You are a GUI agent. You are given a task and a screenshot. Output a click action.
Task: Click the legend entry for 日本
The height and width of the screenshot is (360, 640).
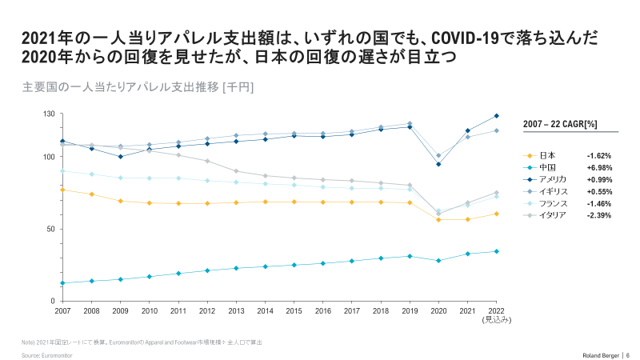tap(547, 155)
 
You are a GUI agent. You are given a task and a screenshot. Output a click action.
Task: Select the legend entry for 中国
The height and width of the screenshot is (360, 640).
tap(547, 167)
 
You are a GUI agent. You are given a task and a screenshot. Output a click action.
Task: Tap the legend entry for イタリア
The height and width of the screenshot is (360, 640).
tap(552, 215)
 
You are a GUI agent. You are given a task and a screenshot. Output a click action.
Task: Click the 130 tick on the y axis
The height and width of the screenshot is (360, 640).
tap(48, 114)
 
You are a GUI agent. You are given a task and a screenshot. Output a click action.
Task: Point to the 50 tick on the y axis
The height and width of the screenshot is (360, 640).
tap(50, 229)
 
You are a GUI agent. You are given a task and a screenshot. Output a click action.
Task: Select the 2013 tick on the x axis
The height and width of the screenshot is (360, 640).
tap(236, 310)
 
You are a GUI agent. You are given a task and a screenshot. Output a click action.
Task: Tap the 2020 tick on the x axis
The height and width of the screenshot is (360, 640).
tap(438, 310)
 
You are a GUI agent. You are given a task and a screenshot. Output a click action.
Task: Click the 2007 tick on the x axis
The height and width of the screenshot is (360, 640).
tap(62, 310)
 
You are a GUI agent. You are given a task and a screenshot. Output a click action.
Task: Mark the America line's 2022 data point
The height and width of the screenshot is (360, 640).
tap(496, 116)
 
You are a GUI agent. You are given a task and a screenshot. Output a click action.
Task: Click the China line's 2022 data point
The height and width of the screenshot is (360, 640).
tap(496, 251)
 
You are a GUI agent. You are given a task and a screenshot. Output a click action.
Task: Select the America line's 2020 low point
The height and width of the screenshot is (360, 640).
tap(438, 164)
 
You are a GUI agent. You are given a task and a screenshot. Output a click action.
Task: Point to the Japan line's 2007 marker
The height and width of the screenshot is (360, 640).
tap(62, 190)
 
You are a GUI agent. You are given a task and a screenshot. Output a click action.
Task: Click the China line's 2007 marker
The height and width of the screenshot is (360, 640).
tap(62, 283)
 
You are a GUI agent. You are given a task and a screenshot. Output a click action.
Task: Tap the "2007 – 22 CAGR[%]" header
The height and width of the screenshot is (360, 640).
tap(560, 124)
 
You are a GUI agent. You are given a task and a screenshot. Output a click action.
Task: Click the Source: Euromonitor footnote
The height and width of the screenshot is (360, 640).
tap(47, 354)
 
